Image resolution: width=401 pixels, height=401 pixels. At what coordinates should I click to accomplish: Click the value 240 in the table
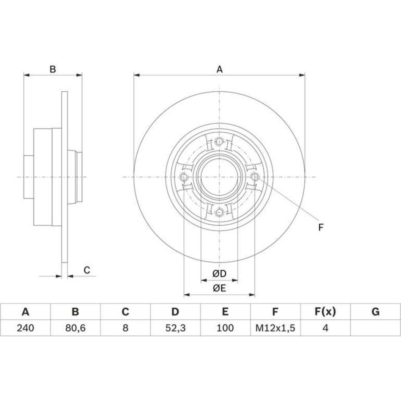pyautogui.click(x=26, y=328)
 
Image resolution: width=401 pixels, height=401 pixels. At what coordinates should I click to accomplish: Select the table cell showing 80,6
pyautogui.click(x=76, y=328)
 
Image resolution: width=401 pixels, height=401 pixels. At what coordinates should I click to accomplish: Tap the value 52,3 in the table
pyautogui.click(x=176, y=328)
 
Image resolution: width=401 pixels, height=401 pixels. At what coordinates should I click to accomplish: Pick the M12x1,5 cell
pyautogui.click(x=275, y=328)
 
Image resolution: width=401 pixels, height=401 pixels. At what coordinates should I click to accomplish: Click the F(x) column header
pyautogui.click(x=325, y=312)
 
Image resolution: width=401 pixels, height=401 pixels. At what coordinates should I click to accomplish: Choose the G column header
pyautogui.click(x=375, y=312)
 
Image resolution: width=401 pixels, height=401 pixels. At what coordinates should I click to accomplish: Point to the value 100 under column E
pyautogui.click(x=225, y=328)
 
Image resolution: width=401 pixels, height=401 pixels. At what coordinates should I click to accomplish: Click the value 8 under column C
pyautogui.click(x=126, y=328)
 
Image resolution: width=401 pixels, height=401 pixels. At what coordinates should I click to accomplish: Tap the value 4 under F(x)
pyautogui.click(x=325, y=328)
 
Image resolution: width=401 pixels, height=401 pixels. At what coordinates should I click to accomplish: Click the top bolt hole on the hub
pyautogui.click(x=219, y=141)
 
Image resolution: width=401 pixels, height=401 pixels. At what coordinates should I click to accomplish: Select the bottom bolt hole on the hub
pyautogui.click(x=219, y=212)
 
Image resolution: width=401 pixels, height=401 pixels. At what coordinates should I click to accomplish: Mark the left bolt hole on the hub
pyautogui.click(x=184, y=177)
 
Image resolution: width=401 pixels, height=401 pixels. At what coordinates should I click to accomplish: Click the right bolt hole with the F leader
pyautogui.click(x=255, y=177)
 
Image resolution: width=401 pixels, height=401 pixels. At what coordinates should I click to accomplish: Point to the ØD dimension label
pyautogui.click(x=219, y=273)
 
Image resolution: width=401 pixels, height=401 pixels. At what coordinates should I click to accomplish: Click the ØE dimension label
pyautogui.click(x=219, y=288)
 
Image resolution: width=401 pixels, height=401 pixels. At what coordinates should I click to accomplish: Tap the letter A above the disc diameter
pyautogui.click(x=219, y=69)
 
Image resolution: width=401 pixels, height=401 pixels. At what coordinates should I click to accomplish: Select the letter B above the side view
pyautogui.click(x=53, y=69)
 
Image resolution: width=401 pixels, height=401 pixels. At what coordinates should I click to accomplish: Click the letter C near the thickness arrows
pyautogui.click(x=87, y=270)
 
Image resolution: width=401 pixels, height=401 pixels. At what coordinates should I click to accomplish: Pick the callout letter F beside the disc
pyautogui.click(x=321, y=227)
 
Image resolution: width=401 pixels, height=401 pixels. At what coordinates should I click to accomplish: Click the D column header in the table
pyautogui.click(x=175, y=312)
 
